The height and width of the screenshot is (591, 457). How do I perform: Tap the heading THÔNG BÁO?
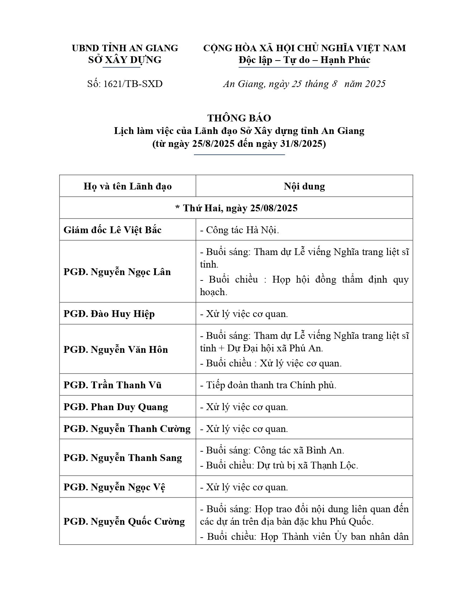click(239, 118)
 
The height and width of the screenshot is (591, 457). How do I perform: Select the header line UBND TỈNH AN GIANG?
click(125, 48)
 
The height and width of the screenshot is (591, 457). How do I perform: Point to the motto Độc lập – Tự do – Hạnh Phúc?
click(304, 60)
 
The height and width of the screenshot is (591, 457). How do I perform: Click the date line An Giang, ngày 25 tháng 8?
click(280, 84)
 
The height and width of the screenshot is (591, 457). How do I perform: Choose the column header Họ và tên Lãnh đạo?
click(128, 186)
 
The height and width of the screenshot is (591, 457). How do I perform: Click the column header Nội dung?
click(304, 186)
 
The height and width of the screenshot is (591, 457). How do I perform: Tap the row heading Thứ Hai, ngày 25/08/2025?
click(237, 208)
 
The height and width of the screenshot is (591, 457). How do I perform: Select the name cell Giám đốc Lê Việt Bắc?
click(113, 230)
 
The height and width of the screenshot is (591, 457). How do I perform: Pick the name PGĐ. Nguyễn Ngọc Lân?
click(117, 272)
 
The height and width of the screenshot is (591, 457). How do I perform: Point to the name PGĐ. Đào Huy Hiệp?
click(109, 314)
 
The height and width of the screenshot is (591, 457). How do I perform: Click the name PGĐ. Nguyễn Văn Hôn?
click(116, 350)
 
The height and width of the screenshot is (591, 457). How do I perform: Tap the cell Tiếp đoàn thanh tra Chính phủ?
click(271, 385)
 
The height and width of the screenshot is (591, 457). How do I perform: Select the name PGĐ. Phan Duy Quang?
click(116, 407)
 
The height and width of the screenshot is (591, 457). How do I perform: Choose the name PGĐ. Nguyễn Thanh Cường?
click(127, 429)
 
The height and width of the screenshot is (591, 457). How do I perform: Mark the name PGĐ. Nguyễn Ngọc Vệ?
click(114, 487)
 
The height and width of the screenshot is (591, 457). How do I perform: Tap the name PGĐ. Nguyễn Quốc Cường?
click(124, 522)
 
